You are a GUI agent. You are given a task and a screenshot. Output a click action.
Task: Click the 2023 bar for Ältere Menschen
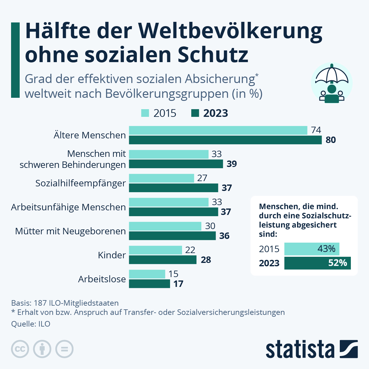[x=225, y=140]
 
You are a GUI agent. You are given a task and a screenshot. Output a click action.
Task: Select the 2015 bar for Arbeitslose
[x=147, y=274]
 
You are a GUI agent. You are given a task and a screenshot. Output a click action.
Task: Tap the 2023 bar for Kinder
[x=162, y=260]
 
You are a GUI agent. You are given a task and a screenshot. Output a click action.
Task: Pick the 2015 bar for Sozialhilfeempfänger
[x=161, y=178]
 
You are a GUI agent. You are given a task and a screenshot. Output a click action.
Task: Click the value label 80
[x=331, y=140]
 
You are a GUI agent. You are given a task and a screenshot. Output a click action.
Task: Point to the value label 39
[x=232, y=164]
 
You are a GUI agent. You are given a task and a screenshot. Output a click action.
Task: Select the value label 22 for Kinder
[x=190, y=250]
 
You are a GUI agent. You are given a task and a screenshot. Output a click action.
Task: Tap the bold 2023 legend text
[x=216, y=113]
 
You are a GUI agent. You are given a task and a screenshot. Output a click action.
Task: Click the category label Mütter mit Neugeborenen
[x=70, y=231]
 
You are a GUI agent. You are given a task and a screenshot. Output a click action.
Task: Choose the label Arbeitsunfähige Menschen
[x=68, y=207]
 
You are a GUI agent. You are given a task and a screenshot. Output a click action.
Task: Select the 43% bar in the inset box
[x=311, y=249]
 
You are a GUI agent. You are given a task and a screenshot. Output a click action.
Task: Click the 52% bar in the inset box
[x=317, y=263]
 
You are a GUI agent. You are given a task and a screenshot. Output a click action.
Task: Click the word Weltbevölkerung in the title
[x=230, y=31]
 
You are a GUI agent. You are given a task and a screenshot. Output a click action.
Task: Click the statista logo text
[x=300, y=349]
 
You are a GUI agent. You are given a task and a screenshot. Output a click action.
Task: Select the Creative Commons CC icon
[x=20, y=349]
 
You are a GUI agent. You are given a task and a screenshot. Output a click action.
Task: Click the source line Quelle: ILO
[x=30, y=324]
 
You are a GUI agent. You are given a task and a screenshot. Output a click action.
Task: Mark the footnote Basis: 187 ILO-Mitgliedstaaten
[x=65, y=303]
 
